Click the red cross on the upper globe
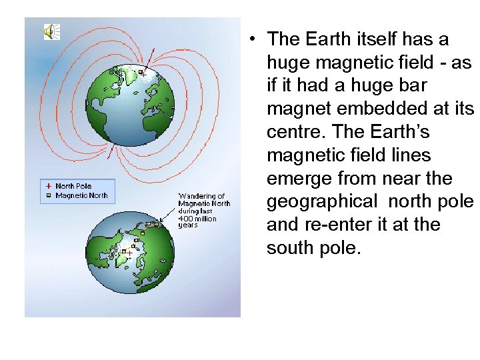143,75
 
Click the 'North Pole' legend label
73,187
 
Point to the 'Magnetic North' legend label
81,195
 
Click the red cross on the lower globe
129,252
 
